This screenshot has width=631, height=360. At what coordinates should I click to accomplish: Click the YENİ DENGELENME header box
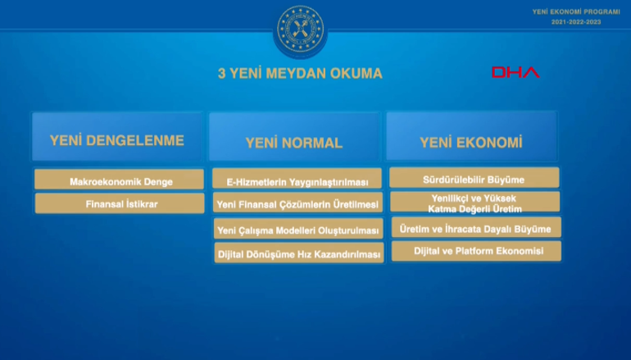(116, 139)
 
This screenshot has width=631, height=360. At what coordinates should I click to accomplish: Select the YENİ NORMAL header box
(294, 141)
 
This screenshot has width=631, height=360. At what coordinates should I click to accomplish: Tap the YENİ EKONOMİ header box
(471, 141)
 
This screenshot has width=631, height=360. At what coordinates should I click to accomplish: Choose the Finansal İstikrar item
(120, 203)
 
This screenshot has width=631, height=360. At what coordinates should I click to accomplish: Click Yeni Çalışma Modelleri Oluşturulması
(297, 230)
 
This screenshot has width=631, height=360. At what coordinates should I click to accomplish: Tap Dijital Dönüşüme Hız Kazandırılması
(297, 254)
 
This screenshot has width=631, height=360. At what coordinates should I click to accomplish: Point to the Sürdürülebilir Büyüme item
(474, 178)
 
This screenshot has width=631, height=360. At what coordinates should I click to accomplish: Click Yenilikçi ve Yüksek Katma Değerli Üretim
(474, 203)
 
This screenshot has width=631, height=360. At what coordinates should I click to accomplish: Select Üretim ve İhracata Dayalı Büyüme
(474, 227)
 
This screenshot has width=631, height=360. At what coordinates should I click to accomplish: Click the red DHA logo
(515, 73)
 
